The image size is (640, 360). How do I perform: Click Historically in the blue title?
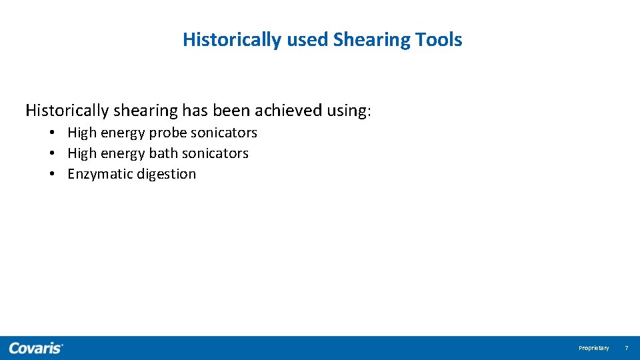pos(232,40)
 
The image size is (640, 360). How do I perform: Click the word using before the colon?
pos(347,111)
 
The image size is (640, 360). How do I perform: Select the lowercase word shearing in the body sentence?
pos(145,111)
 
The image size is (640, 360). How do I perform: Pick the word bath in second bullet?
pos(163,153)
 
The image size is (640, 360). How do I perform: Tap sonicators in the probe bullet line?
pos(223,133)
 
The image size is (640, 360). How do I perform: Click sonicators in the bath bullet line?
pos(215,153)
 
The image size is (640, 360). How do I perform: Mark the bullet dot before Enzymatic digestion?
pos(51,174)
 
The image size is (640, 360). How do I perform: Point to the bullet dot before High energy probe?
pos(51,133)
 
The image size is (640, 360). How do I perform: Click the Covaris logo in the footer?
pos(36,348)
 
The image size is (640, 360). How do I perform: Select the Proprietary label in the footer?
pos(593,348)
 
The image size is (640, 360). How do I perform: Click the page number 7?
pos(626,348)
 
